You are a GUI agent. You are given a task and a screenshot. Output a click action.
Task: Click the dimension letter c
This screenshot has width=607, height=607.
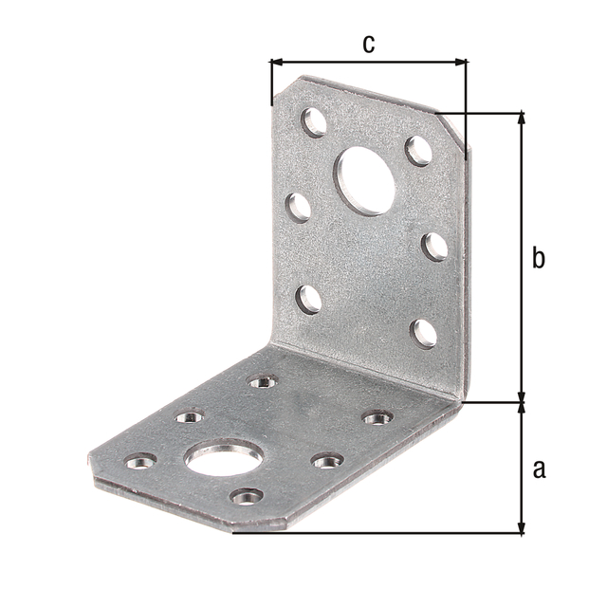point(369,44)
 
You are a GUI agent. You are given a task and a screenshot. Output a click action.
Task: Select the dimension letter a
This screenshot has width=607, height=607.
point(539,469)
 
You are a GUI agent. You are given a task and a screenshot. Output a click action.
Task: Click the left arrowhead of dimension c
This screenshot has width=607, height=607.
point(276,62)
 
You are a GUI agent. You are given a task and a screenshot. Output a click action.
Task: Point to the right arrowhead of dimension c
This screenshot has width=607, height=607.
point(461,62)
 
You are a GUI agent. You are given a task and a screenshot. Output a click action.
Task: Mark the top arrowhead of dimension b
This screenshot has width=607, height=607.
point(522,118)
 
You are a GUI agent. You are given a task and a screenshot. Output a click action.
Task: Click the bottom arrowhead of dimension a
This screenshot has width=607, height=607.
point(522,527)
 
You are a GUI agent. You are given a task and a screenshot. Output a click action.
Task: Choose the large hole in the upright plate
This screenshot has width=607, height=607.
point(365,181)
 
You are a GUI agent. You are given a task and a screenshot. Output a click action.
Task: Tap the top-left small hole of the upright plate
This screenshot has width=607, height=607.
point(314,122)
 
